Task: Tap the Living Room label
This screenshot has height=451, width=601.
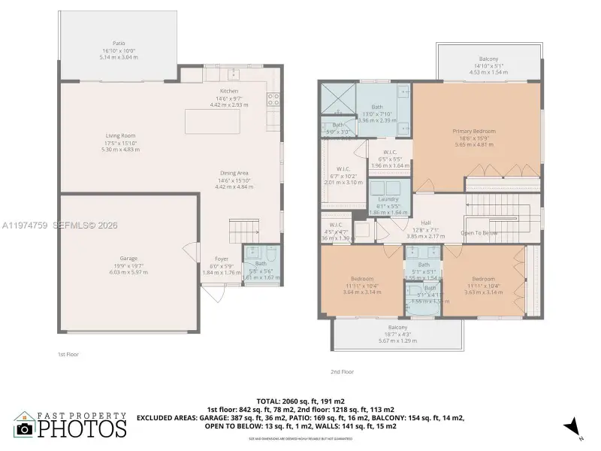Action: [120, 136]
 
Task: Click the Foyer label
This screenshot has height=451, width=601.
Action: [222, 259]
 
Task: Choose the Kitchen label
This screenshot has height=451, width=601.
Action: [229, 91]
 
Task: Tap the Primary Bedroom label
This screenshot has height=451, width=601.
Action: [474, 132]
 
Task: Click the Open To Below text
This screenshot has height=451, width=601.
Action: [479, 233]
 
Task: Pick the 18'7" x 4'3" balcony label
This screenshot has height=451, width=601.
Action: [397, 328]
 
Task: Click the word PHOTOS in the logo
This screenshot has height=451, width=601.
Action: [82, 428]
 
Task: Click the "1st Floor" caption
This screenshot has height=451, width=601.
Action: [68, 353]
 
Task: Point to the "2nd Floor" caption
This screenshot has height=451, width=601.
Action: [342, 371]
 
